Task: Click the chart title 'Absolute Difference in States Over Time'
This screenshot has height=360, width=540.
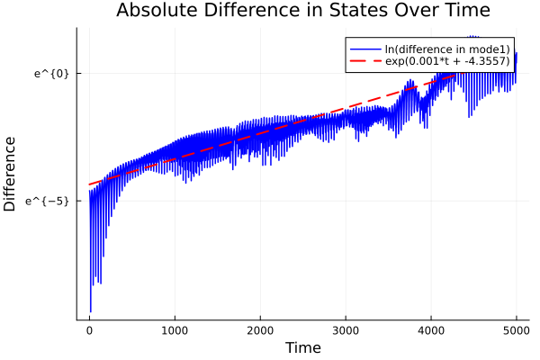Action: pyautogui.click(x=302, y=11)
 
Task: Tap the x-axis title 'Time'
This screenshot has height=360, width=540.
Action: pyautogui.click(x=302, y=347)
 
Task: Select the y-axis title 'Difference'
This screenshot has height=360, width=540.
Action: pyautogui.click(x=11, y=174)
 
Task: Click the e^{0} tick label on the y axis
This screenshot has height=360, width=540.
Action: pyautogui.click(x=51, y=73)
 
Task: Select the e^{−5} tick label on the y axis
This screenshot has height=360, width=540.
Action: pyautogui.click(x=48, y=201)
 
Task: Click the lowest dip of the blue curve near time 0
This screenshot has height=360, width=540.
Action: pyautogui.click(x=91, y=311)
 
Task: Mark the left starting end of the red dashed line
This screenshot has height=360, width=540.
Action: pyautogui.click(x=89, y=184)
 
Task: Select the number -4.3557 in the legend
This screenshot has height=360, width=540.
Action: pyautogui.click(x=487, y=61)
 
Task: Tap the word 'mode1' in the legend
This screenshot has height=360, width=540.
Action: pyautogui.click(x=494, y=48)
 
